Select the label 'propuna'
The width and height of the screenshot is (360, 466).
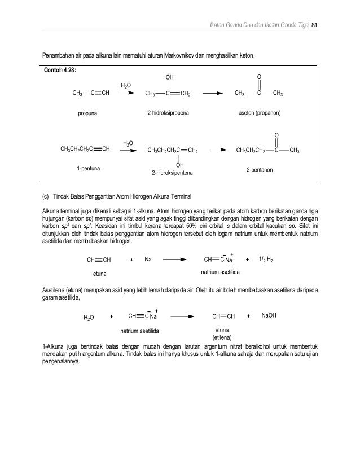tap(87, 113)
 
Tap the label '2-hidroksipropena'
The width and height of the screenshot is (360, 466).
tap(168, 113)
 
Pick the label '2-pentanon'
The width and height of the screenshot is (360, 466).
tap(260, 169)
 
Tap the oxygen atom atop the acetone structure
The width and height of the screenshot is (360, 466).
tap(259, 76)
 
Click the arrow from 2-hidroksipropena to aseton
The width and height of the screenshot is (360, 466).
tap(212, 94)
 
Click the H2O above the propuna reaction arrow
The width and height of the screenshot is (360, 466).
tap(126, 85)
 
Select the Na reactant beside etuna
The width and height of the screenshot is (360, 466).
tap(148, 260)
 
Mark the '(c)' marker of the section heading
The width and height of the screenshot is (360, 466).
tap(46, 197)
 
